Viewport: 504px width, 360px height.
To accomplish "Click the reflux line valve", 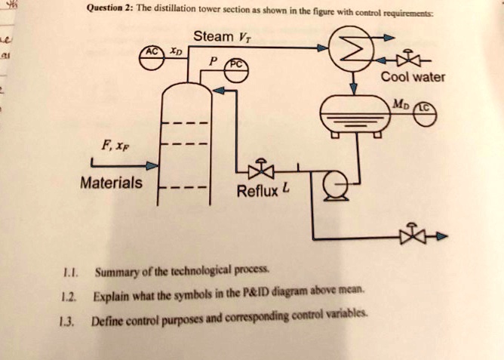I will click(x=260, y=168).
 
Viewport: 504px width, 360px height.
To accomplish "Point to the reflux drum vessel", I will click(x=352, y=116).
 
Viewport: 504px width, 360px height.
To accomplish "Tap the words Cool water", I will click(x=413, y=77).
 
